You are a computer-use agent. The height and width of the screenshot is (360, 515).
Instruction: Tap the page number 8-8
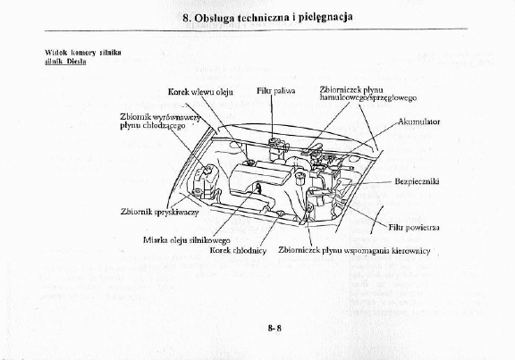click(274, 328)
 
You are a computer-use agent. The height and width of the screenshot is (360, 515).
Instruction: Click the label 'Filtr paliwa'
click(276, 91)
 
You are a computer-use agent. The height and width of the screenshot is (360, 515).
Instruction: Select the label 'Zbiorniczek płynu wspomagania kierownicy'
click(355, 251)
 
